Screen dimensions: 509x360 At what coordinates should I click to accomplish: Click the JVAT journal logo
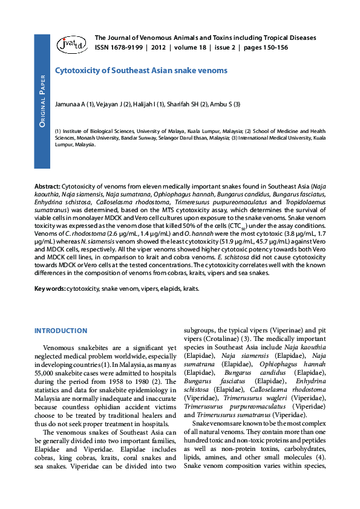pyautogui.click(x=71, y=43)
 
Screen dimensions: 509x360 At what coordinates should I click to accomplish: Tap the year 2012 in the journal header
pyautogui.click(x=159, y=47)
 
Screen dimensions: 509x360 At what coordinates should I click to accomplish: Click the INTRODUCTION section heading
pyautogui.click(x=61, y=331)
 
